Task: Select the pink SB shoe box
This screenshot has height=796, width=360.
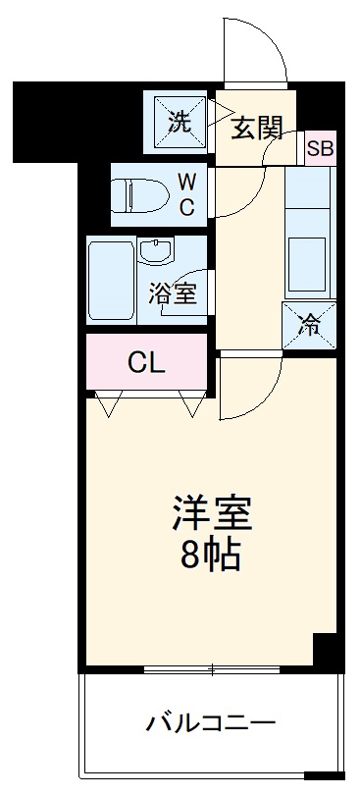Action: [x=320, y=149]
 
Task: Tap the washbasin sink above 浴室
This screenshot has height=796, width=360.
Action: [x=155, y=254]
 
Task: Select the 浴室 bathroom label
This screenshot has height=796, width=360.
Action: [x=174, y=293]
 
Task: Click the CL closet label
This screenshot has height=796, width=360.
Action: [x=147, y=362]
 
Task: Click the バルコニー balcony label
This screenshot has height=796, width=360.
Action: [x=211, y=725]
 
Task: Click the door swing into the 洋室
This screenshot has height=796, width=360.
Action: [x=253, y=388]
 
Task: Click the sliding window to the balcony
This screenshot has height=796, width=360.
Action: [x=211, y=670]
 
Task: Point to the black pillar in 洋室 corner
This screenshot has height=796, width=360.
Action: [x=324, y=651]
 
